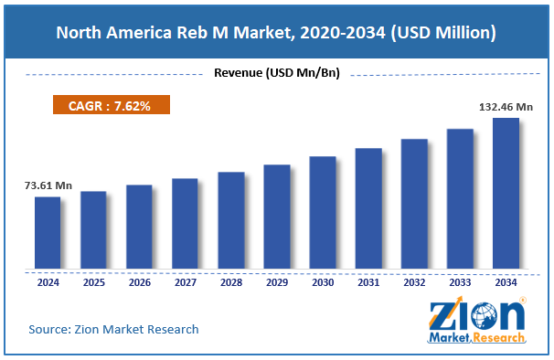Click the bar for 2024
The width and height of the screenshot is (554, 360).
click(48, 233)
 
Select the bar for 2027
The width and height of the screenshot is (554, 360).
click(185, 224)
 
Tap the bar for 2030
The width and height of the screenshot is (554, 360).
click(323, 213)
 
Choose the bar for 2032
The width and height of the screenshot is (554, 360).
click(414, 205)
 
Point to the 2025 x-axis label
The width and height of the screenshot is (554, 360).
click(93, 283)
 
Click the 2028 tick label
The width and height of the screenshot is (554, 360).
click(230, 283)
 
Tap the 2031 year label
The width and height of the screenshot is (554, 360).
click(368, 283)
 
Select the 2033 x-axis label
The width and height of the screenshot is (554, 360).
click(460, 283)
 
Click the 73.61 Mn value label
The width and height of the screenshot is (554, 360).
click(48, 185)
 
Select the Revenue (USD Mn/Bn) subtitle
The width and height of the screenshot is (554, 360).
click(276, 73)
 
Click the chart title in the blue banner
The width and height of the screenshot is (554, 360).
click(276, 34)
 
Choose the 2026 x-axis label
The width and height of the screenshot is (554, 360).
click(139, 283)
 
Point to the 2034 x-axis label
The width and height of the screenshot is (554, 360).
click(506, 283)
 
